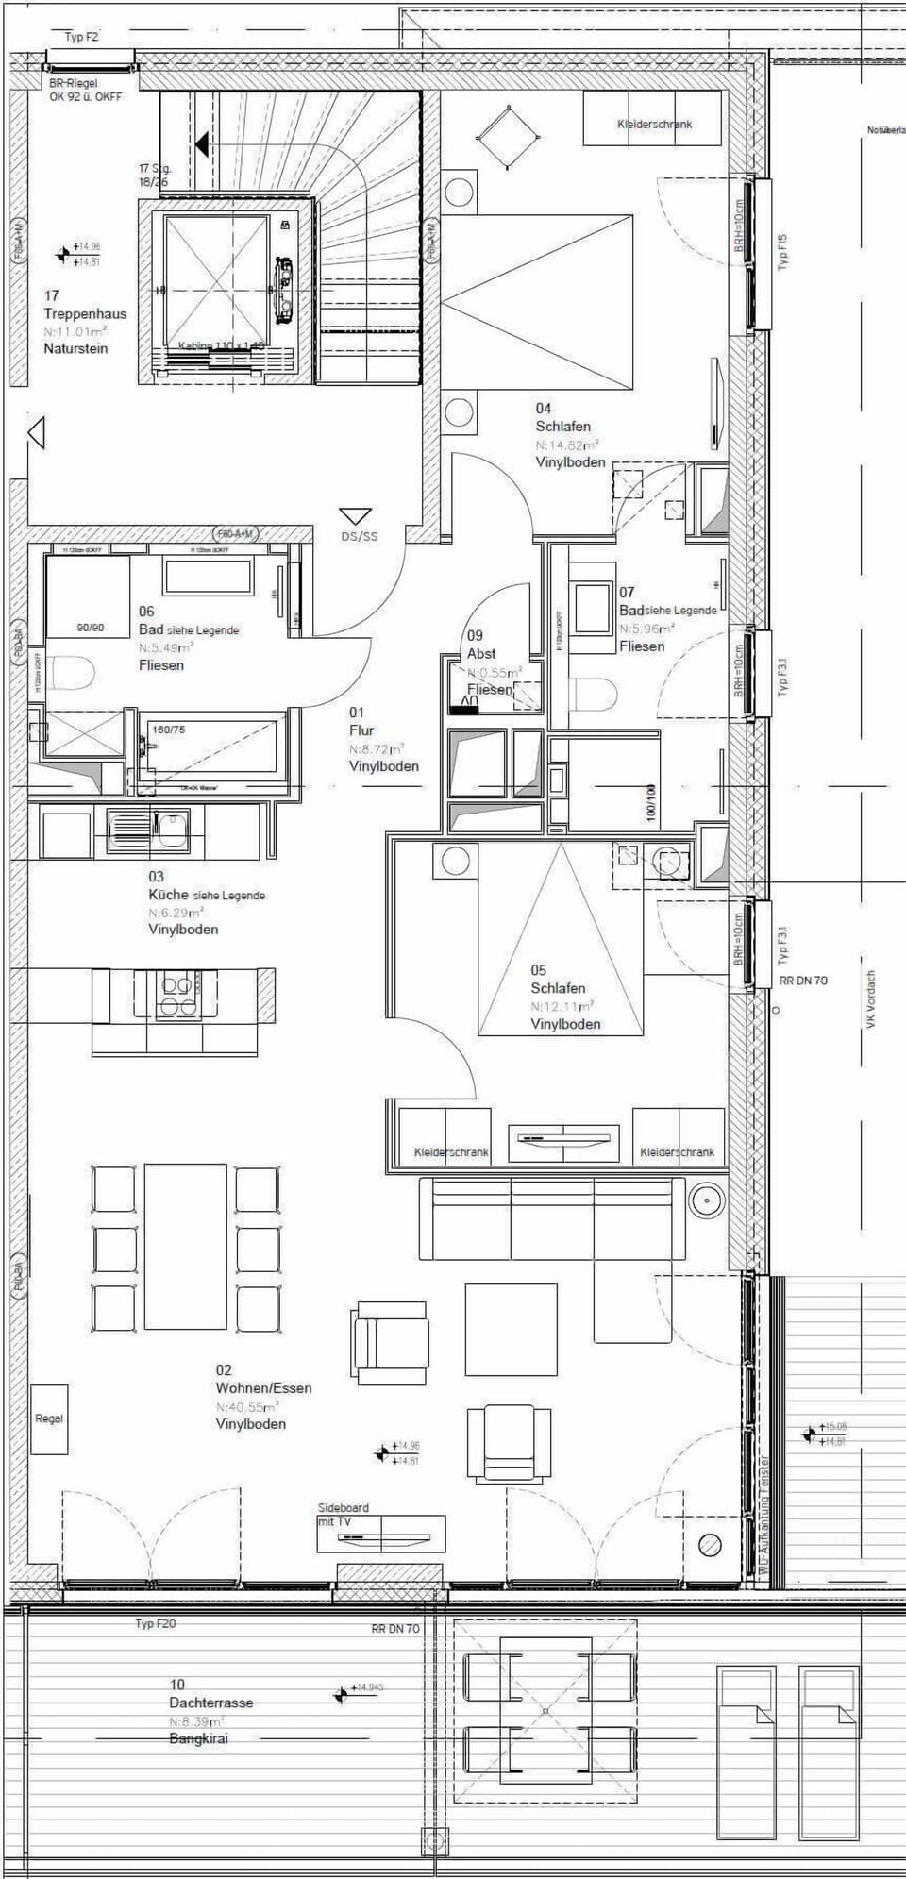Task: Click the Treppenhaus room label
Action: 84,314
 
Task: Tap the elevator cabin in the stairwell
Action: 216,282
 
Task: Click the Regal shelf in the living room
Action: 49,1418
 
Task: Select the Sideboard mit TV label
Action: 344,1514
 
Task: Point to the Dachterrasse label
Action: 210,1703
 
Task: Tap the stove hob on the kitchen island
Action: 176,996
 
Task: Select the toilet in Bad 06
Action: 72,675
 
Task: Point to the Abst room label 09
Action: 481,653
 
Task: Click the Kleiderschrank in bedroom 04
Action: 653,123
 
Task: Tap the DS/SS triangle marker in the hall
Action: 356,517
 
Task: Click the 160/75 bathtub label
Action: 169,730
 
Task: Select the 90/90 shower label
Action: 90,628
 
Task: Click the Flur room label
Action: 361,730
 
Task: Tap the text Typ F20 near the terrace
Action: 155,1623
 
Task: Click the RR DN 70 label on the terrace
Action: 395,1629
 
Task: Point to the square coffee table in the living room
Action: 510,1329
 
